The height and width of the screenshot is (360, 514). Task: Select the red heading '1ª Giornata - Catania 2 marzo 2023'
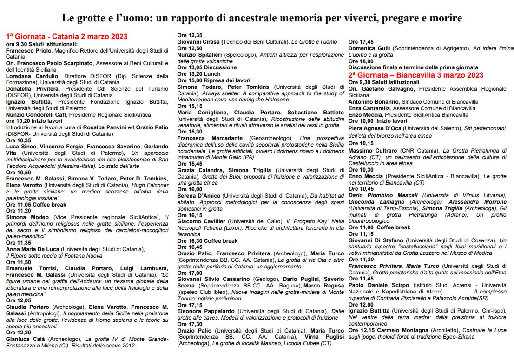(66, 37)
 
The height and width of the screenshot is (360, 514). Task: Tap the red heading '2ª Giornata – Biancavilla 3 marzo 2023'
(416, 75)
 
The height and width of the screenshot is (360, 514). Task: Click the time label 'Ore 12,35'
(190, 35)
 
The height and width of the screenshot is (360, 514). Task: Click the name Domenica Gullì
(369, 48)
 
